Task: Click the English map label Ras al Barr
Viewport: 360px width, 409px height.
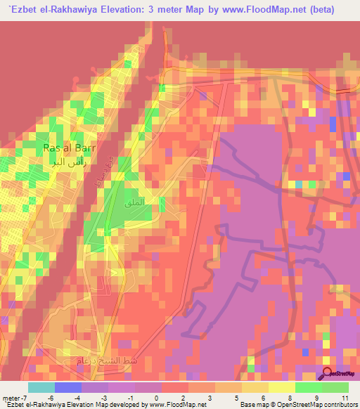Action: (x=69, y=148)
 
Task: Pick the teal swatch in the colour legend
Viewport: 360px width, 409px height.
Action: (x=41, y=387)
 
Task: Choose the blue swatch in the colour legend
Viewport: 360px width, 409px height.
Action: (x=67, y=387)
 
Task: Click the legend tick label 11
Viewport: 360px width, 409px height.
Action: (x=345, y=398)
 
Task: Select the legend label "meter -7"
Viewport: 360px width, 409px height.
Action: (x=15, y=398)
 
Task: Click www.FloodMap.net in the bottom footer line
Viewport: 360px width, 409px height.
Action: (x=178, y=405)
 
